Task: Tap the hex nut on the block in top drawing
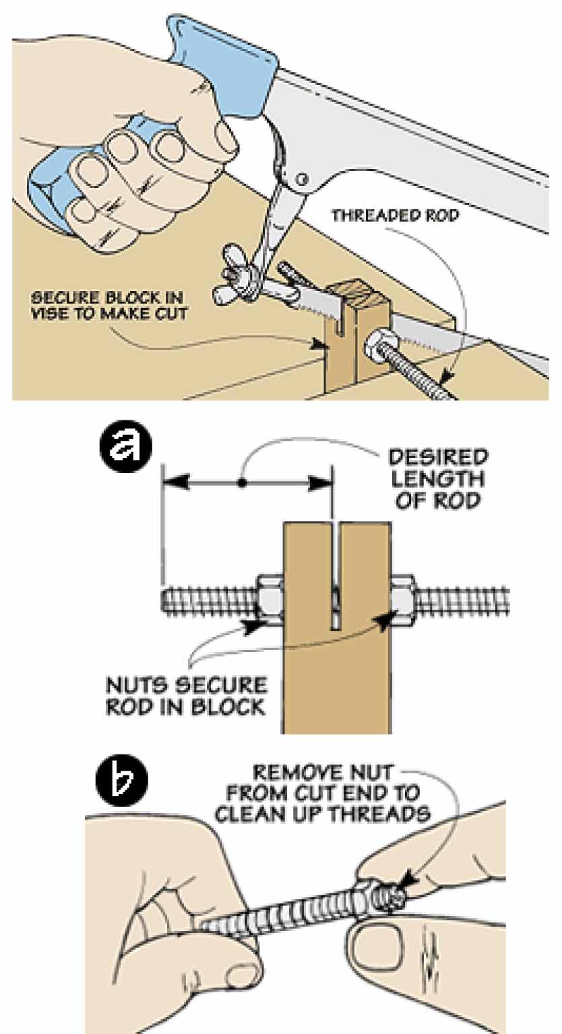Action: click(x=375, y=351)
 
